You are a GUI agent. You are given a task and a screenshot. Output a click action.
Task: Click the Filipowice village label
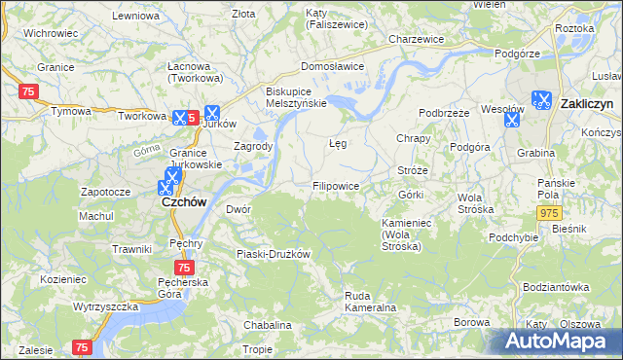337,185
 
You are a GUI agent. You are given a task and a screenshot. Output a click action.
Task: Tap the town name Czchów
180,206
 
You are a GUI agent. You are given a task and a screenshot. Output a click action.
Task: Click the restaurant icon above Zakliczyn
542,97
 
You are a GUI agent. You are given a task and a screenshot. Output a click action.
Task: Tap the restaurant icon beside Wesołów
511,120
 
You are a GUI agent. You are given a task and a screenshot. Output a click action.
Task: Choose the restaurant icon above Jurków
212,113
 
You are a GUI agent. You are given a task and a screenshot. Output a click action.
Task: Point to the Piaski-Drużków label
274,254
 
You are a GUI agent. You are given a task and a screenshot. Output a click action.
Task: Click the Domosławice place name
332,66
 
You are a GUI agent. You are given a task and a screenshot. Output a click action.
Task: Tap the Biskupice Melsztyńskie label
297,96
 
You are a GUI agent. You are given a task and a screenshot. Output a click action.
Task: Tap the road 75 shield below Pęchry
185,267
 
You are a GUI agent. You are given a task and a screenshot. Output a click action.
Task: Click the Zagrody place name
253,146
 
